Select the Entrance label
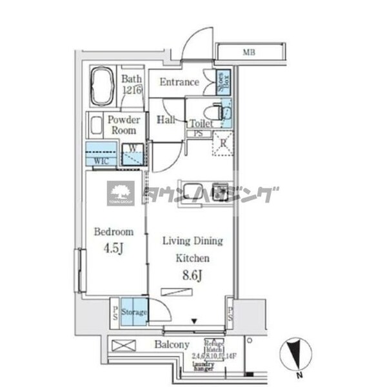179,82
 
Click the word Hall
166,119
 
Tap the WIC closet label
101,160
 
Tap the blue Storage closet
133,312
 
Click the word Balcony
172,345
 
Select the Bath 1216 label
132,85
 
